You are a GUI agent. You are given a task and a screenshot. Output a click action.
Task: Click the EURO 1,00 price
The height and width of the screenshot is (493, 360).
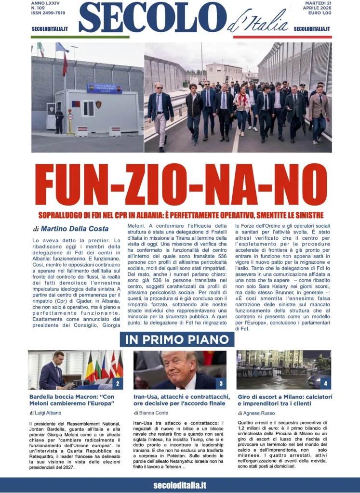tap(318, 13)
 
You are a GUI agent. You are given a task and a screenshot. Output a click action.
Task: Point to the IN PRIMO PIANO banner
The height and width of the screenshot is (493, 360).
tap(177, 339)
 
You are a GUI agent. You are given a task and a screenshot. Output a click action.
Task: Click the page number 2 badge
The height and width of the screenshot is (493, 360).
tap(117, 384)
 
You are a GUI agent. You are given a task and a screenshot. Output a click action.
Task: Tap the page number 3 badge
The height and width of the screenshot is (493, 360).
tap(220, 384)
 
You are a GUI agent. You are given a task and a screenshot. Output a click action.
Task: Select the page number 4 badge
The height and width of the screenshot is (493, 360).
tap(325, 384)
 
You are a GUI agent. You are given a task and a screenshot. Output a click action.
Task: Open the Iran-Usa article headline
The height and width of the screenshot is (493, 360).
tap(179, 400)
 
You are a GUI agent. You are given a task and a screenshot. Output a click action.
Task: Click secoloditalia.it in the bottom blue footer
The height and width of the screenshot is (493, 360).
tap(180, 485)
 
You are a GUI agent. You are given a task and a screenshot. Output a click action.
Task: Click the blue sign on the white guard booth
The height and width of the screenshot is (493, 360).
tap(105, 88)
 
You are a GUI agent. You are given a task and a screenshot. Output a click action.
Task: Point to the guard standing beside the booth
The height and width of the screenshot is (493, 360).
tap(59, 120)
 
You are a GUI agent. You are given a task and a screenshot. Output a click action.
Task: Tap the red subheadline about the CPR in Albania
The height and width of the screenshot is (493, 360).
tap(180, 215)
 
